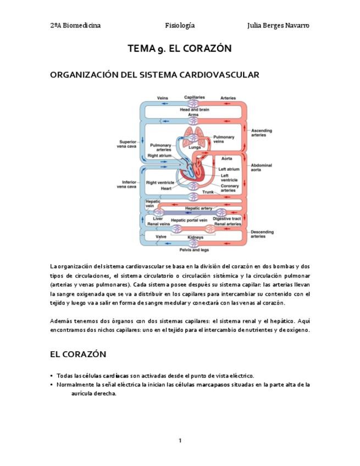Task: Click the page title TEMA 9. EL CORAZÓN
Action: pyautogui.click(x=179, y=48)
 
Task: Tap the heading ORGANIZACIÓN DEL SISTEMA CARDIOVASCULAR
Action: pyautogui.click(x=154, y=75)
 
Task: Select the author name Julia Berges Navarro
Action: pyautogui.click(x=278, y=25)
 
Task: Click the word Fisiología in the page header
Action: pyautogui.click(x=180, y=25)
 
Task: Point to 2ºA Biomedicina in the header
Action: pyautogui.click(x=75, y=25)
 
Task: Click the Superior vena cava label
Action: pyautogui.click(x=126, y=144)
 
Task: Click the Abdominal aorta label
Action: pyautogui.click(x=261, y=168)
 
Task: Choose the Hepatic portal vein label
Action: pyautogui.click(x=189, y=220)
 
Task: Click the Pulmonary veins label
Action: pyautogui.click(x=224, y=139)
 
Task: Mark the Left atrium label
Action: pyautogui.click(x=229, y=169)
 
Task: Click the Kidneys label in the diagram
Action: pyautogui.click(x=195, y=237)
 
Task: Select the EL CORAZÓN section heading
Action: pyautogui.click(x=78, y=354)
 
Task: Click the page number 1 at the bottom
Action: pyautogui.click(x=180, y=440)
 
